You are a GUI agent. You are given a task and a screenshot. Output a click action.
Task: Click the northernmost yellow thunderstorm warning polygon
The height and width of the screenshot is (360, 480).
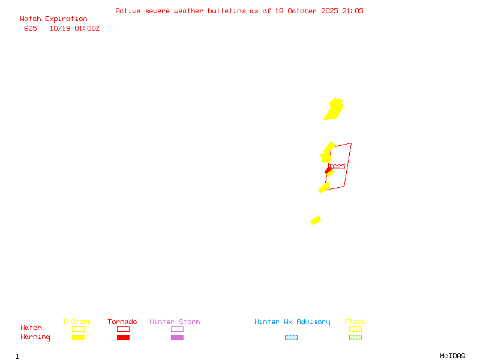(x=334, y=110)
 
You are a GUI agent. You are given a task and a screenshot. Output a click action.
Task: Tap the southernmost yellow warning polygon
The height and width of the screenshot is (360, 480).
(x=316, y=220)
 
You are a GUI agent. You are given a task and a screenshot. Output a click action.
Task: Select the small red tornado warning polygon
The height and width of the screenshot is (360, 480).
(x=328, y=170)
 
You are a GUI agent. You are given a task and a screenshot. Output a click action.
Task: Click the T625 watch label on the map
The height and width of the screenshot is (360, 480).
(x=337, y=167)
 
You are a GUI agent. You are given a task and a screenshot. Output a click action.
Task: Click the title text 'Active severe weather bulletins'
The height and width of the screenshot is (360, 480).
(x=180, y=11)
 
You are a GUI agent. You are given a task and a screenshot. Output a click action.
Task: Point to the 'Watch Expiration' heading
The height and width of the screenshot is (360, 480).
(x=53, y=19)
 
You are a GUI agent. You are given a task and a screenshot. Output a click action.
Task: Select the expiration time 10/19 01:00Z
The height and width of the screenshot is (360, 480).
(x=74, y=28)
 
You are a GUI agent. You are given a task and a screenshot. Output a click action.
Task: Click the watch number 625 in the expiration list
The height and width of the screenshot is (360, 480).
(x=31, y=28)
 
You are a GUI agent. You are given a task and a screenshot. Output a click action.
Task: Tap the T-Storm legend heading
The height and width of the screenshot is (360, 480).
(x=77, y=322)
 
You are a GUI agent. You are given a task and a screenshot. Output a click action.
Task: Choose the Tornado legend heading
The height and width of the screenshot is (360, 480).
(x=122, y=322)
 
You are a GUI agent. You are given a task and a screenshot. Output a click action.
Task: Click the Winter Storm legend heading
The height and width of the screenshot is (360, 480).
(x=175, y=322)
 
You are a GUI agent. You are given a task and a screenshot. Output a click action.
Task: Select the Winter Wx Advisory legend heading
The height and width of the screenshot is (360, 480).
(x=292, y=322)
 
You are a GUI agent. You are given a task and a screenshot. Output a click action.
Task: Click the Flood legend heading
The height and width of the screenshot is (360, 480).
(x=355, y=322)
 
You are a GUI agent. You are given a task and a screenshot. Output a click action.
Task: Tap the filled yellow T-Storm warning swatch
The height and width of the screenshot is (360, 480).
(x=78, y=337)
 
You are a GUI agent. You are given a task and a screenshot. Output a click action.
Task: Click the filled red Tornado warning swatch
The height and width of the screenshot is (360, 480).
(x=123, y=337)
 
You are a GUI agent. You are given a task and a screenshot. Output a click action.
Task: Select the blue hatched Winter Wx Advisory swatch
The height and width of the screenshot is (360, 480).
(x=291, y=337)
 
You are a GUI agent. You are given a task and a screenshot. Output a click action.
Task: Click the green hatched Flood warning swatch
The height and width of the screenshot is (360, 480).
(x=355, y=337)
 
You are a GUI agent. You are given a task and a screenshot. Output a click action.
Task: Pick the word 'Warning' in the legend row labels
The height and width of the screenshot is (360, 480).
(x=35, y=337)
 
